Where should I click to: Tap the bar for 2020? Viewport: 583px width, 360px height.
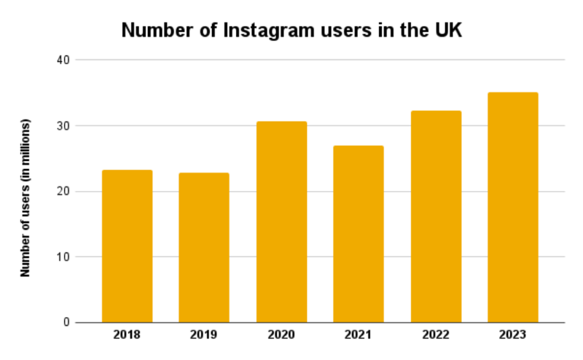[281, 222]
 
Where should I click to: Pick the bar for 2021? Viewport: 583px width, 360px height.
[359, 234]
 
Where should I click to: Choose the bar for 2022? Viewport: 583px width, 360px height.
[436, 216]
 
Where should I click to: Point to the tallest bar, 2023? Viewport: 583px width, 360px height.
[513, 208]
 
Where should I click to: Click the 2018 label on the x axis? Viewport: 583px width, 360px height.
[127, 335]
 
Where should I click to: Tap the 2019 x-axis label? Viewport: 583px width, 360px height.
[204, 335]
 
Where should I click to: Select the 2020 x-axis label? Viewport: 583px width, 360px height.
[281, 335]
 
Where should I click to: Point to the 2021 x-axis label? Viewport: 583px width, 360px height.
[359, 335]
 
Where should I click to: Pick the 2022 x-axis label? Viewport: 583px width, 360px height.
[436, 335]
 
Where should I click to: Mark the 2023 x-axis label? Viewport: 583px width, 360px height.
[513, 335]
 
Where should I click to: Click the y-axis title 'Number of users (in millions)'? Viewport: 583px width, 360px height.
[25, 197]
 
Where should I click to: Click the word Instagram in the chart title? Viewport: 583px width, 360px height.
[269, 31]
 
